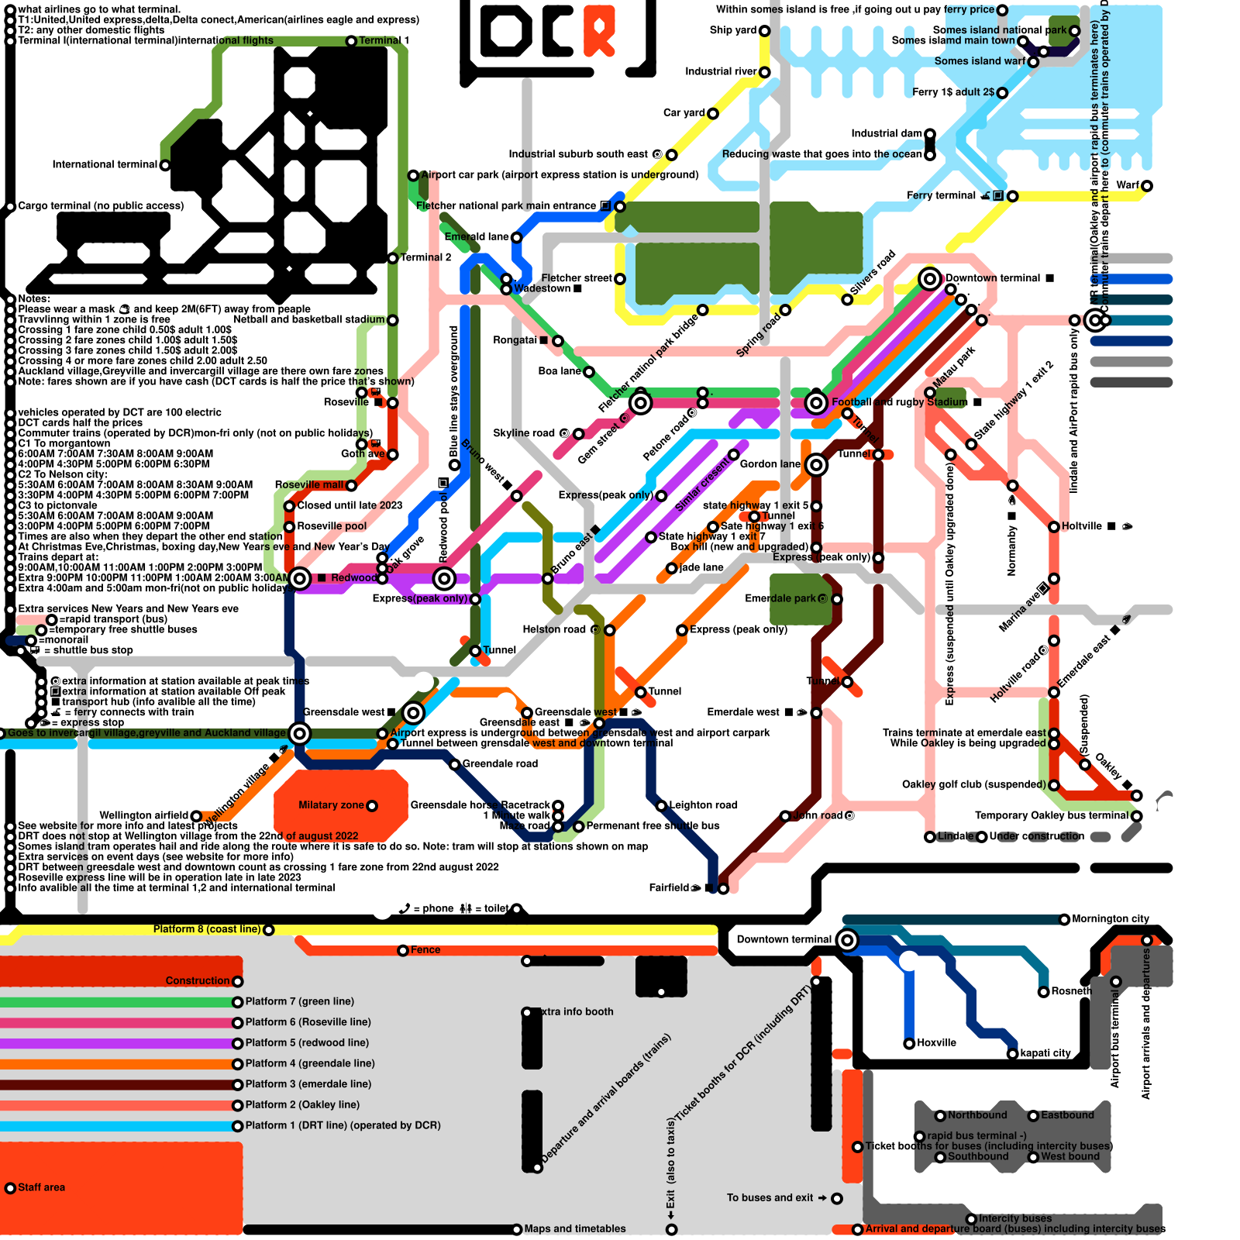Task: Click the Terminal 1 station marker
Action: [351, 40]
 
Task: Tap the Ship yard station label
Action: [732, 30]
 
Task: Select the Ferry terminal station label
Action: [941, 195]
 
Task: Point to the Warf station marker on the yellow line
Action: [1147, 186]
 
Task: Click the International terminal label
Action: [105, 164]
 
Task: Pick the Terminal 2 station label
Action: [425, 257]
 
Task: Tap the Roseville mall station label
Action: [309, 484]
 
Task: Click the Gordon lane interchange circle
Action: [816, 465]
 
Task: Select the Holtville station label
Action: [1081, 526]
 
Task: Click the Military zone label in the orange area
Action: [331, 805]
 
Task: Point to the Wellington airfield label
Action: [144, 815]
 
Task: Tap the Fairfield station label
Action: [669, 887]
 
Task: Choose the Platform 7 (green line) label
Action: [299, 1001]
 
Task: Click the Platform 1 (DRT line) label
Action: [343, 1125]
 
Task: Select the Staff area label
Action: [41, 1187]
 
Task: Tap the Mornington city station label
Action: [1111, 919]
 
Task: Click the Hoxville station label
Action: [936, 1043]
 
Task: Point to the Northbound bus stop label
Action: [977, 1115]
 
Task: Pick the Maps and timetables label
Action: [574, 1229]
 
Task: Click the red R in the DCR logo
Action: [599, 29]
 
